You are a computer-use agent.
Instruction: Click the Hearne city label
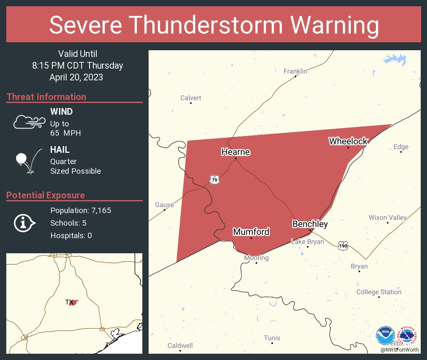pos(235,152)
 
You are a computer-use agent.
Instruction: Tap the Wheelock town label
pos(348,141)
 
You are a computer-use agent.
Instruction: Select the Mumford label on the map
pos(251,231)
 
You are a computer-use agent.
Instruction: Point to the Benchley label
pos(310,224)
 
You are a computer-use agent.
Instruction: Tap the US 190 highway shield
pos(343,245)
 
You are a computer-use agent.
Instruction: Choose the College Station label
pos(379,292)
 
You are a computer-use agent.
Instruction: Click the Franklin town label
pos(295,71)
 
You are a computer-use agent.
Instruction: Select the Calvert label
pos(190,98)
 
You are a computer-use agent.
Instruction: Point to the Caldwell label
pos(180,345)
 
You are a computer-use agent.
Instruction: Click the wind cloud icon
pos(29,122)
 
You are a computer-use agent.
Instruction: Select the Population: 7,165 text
pos(81,211)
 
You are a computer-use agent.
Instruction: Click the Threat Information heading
pos(46,97)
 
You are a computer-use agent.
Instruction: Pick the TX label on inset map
pos(69,302)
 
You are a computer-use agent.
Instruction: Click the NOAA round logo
pos(385,336)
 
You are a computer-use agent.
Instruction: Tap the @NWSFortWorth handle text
pos(399,350)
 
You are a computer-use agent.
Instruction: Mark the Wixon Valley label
pos(387,217)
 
